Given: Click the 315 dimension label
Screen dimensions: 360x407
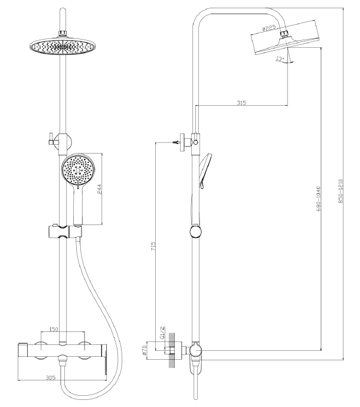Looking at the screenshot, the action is (x=241, y=103).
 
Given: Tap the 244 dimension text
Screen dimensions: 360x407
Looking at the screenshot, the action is (x=100, y=189).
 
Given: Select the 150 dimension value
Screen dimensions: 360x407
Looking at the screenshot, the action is (x=54, y=329).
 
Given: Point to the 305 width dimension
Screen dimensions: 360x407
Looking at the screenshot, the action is (x=51, y=377).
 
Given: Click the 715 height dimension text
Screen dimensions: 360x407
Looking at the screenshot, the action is (x=153, y=246).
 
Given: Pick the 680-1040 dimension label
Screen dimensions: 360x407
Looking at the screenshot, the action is (x=319, y=198).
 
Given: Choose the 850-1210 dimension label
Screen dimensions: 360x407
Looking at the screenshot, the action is (x=341, y=191).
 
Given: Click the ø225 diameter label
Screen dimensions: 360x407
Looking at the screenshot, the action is (x=269, y=28).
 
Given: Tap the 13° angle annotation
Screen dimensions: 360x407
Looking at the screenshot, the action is (x=280, y=59).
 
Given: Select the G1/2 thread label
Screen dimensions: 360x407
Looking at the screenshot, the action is (x=162, y=333).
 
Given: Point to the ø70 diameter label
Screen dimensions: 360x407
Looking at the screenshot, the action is (x=145, y=350).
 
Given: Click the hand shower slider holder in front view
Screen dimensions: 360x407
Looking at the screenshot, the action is (x=65, y=232).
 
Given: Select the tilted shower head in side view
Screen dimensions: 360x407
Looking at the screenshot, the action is (x=285, y=37).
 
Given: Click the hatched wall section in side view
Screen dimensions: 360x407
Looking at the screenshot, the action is (x=171, y=350).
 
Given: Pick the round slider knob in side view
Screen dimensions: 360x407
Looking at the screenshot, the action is (x=195, y=232).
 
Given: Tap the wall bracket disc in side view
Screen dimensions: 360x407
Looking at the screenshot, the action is (x=183, y=142).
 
